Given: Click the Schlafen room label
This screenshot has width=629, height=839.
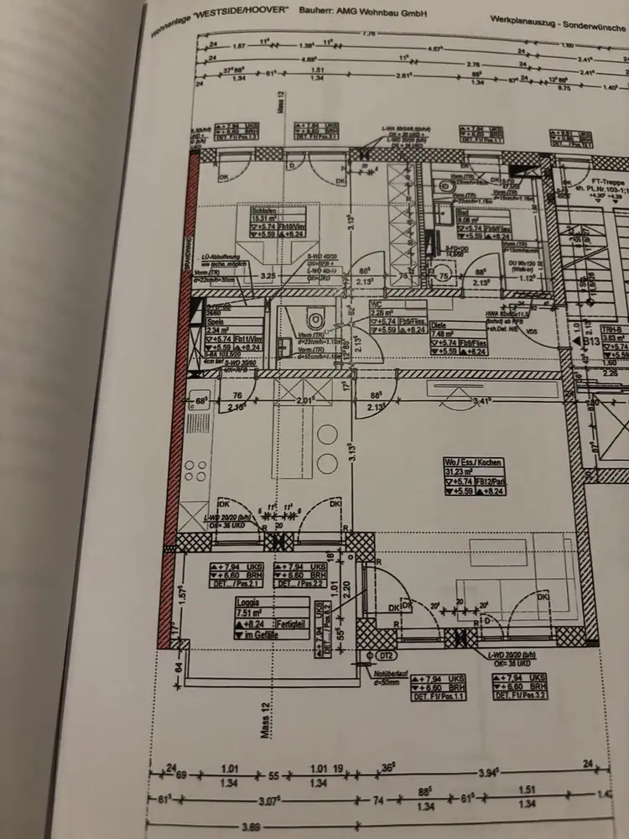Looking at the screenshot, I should tap(244, 211).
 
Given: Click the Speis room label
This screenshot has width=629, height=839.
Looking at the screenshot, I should tap(216, 320).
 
